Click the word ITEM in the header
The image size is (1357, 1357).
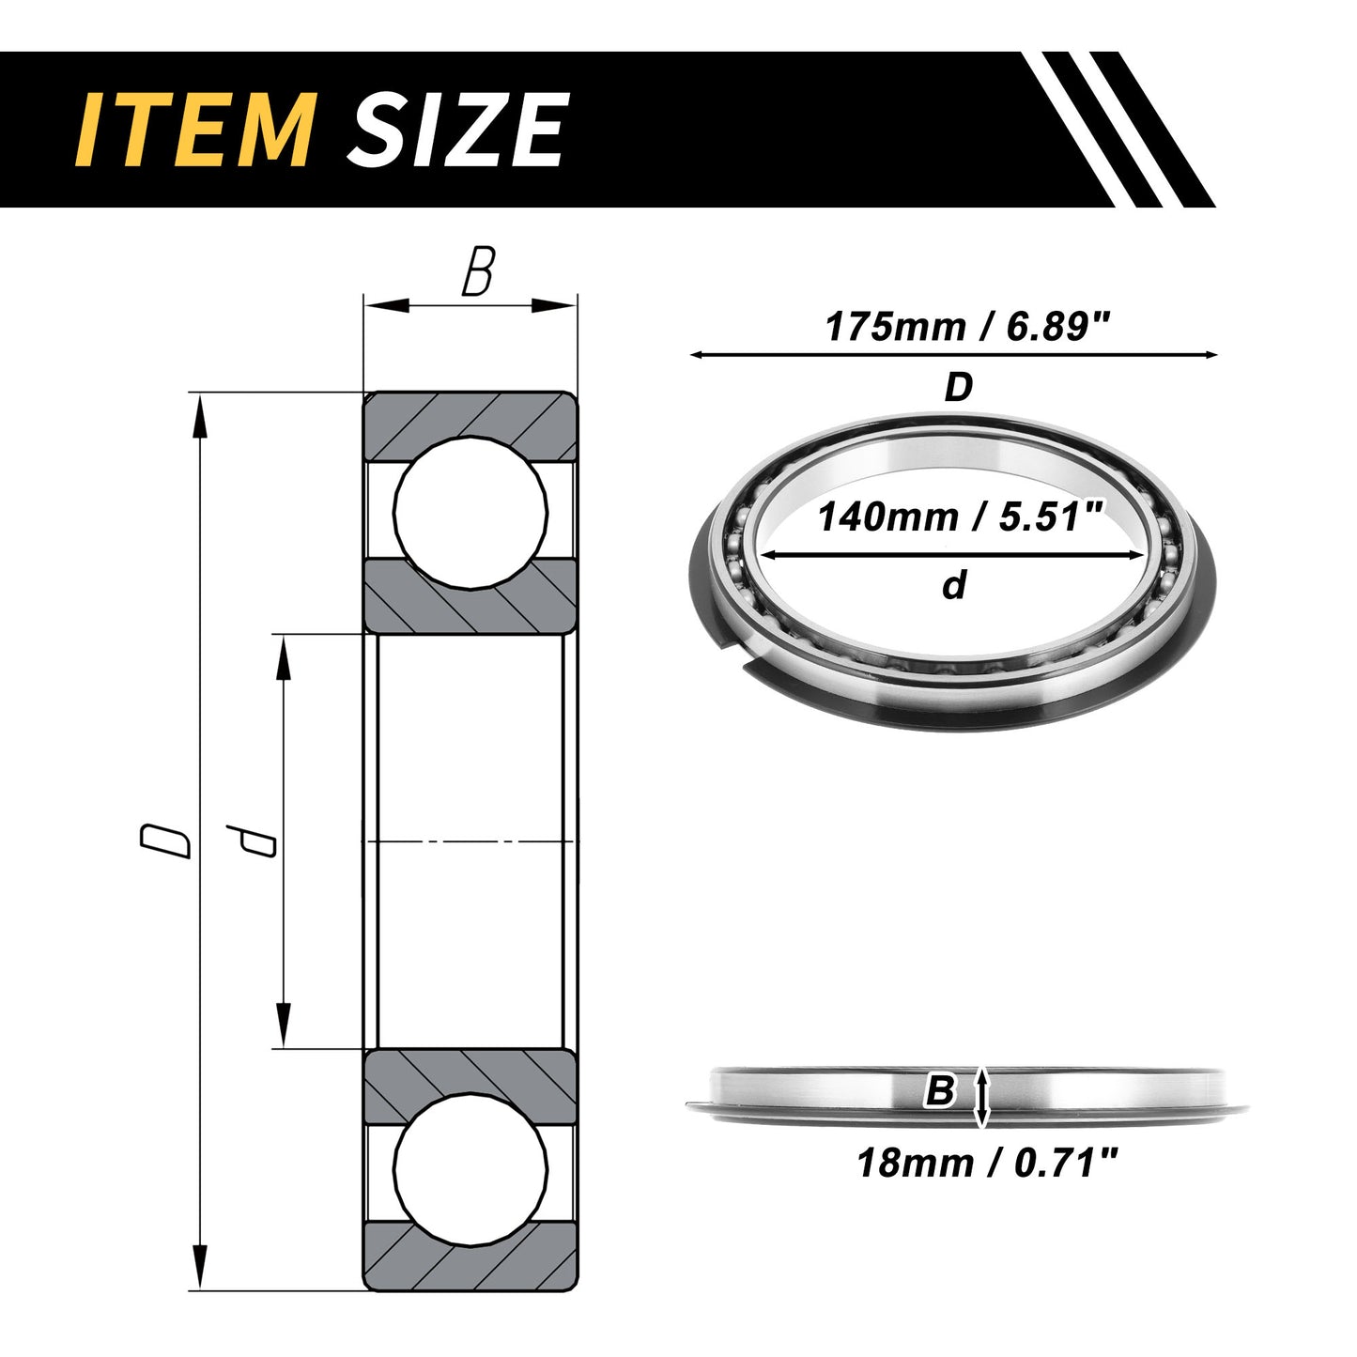tap(195, 131)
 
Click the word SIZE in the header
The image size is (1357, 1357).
tap(455, 131)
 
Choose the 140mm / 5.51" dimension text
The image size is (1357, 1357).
tap(958, 517)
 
